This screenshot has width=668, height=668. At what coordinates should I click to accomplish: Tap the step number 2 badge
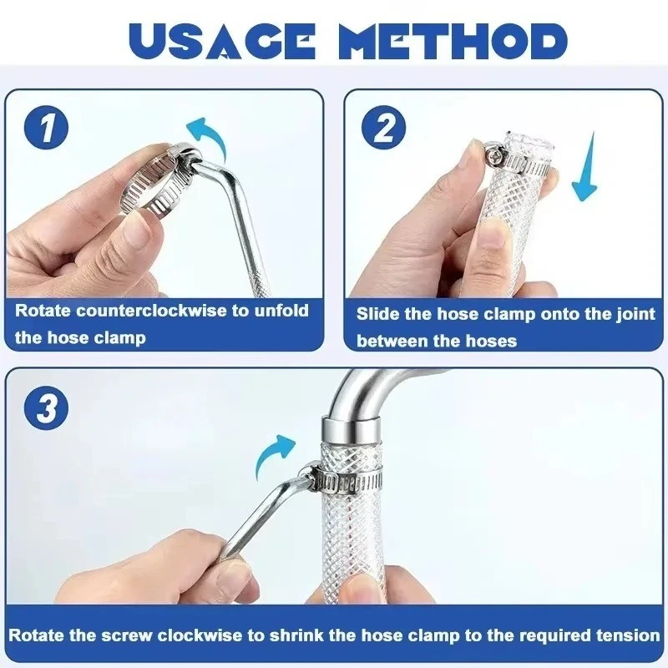pyautogui.click(x=385, y=130)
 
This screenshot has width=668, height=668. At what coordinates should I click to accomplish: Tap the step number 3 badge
pyautogui.click(x=45, y=411)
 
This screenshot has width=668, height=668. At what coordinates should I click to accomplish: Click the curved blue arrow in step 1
pyautogui.click(x=205, y=134)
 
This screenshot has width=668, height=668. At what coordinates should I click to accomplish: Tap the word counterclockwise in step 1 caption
pyautogui.click(x=154, y=311)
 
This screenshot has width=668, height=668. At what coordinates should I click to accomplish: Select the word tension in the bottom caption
pyautogui.click(x=626, y=635)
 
